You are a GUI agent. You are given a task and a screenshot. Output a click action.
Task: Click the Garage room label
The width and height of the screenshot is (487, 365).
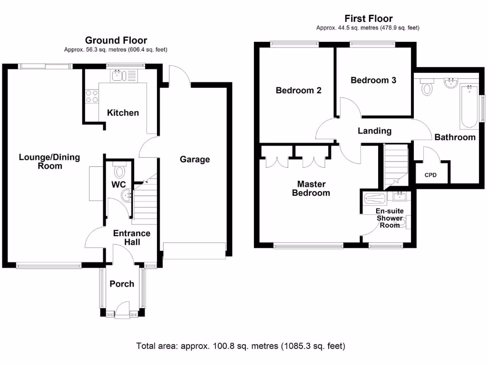[195, 159]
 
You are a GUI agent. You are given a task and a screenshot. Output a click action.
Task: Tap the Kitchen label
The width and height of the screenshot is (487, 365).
[123, 113]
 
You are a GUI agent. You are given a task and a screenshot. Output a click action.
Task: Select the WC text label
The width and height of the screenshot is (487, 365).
[118, 184]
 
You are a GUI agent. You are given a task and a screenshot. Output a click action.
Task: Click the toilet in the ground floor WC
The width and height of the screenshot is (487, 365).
[119, 171]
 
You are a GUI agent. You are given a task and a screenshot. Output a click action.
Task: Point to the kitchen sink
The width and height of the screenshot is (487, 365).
[117, 75]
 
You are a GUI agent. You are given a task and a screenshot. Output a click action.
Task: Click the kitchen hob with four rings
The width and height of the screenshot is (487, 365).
[91, 96]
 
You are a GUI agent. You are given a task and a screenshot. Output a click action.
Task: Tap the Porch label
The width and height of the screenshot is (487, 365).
[122, 284]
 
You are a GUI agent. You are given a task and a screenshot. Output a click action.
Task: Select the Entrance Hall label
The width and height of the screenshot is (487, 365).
[131, 238]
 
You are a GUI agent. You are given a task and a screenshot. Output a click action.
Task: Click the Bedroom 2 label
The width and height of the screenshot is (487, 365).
[299, 90]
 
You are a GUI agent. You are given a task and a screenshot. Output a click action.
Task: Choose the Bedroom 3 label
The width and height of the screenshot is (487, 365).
[373, 80]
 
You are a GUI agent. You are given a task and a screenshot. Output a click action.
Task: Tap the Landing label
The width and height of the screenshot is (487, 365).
[375, 131]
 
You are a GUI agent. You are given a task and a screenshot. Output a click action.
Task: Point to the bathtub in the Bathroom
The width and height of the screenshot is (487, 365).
[469, 106]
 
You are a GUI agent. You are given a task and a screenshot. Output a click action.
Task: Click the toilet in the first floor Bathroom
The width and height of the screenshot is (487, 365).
[427, 87]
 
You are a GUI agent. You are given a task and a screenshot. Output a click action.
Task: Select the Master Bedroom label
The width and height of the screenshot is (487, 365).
[311, 188]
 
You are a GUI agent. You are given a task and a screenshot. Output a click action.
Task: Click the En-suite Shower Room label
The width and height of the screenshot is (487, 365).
[390, 218]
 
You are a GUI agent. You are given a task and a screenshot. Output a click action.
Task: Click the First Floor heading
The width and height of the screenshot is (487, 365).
[369, 19]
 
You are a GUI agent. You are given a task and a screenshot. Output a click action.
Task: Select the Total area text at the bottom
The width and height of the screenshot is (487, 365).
[241, 346]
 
